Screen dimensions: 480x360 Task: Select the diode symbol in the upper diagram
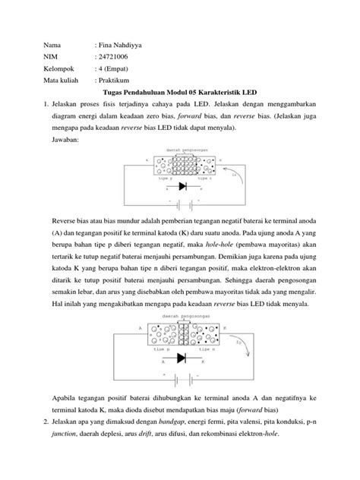[182, 186]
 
